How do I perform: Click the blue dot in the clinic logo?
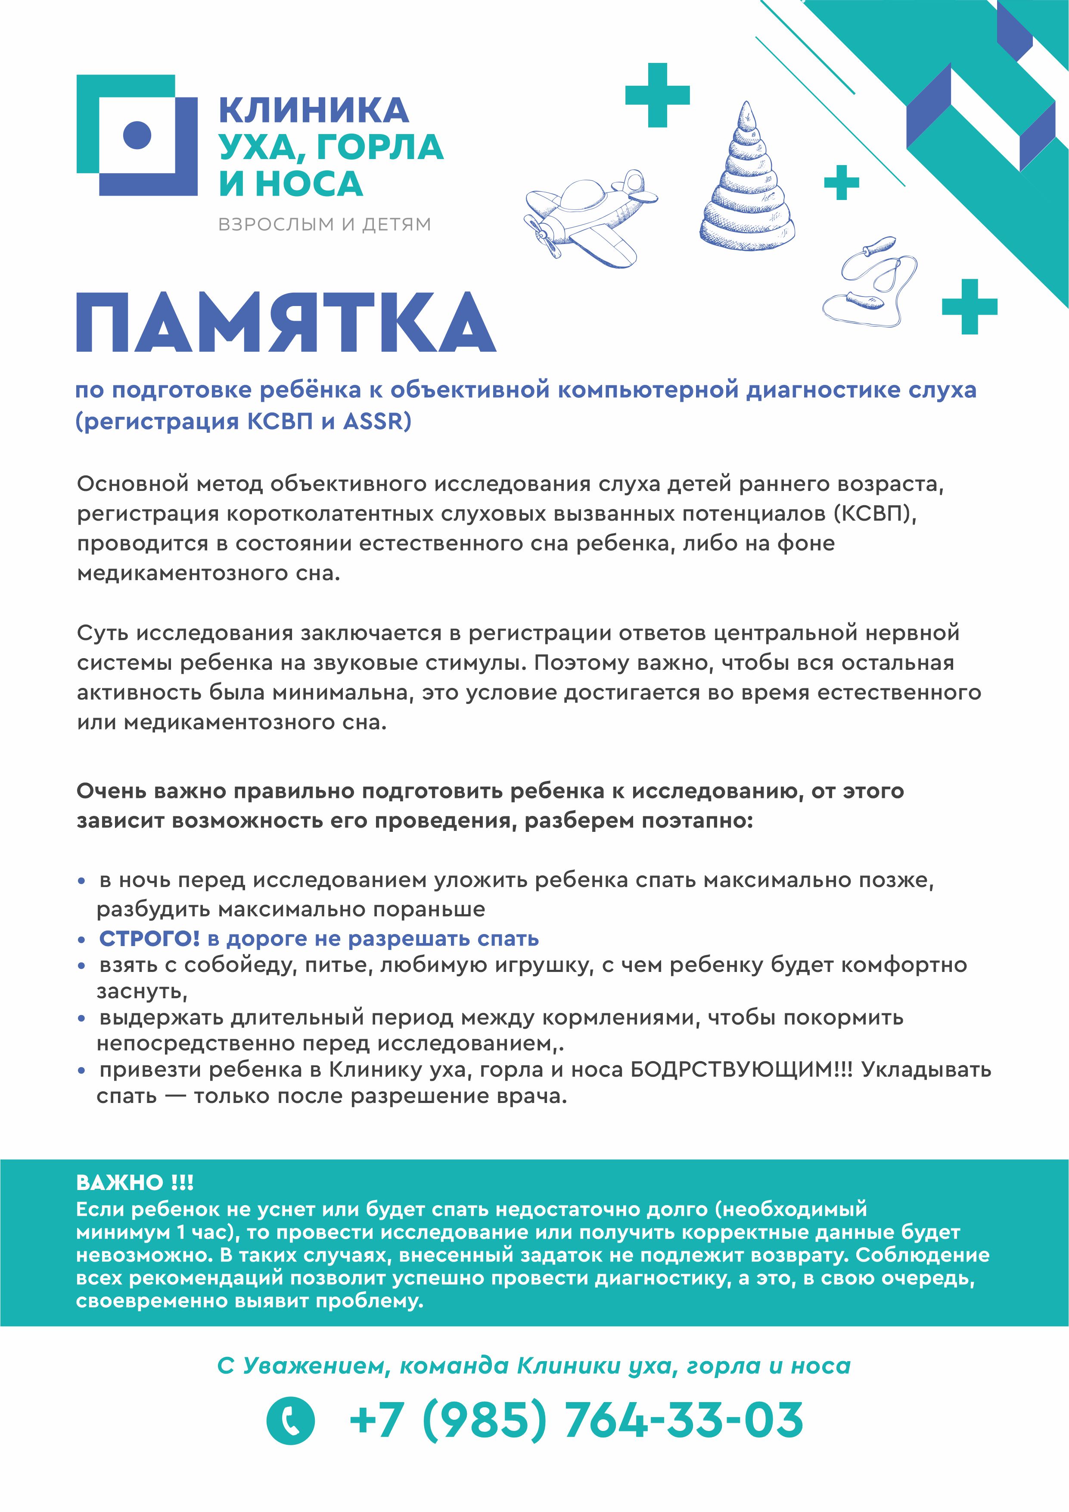137,135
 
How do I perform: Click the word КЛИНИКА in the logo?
313,110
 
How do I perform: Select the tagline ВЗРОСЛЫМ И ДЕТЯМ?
324,225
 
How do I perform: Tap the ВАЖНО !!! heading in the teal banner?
135,1182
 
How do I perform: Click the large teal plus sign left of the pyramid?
657,96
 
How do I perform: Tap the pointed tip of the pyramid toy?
746,105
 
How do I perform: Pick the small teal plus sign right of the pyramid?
841,182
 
